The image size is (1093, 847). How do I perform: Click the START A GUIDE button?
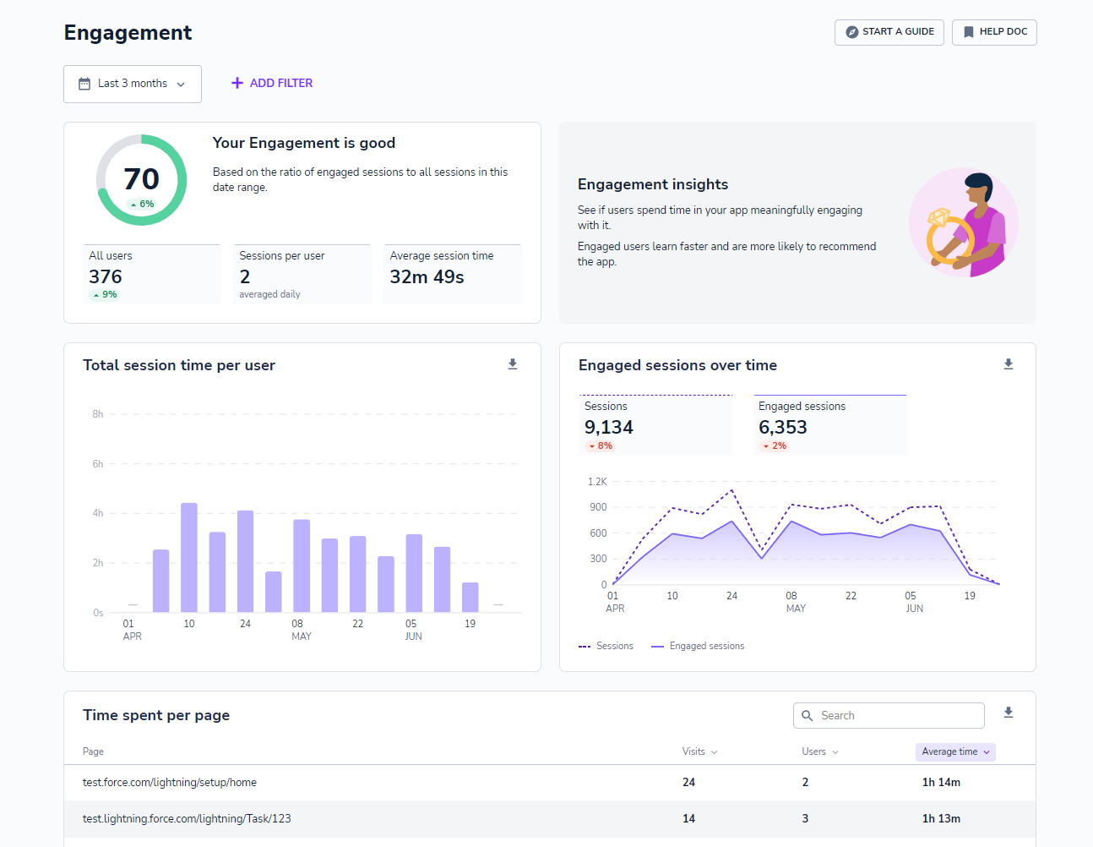click(889, 32)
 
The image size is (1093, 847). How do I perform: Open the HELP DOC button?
click(994, 32)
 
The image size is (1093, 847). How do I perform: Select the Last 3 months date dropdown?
click(133, 84)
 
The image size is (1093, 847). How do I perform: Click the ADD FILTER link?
click(272, 83)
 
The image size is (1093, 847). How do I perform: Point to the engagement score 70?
click(141, 179)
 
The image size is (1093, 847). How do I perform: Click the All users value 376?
click(106, 276)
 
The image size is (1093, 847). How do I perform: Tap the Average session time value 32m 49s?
click(427, 276)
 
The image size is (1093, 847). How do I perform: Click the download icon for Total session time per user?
click(513, 364)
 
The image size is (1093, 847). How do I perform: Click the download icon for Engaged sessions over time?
click(1008, 364)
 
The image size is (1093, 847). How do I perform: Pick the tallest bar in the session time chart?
click(189, 558)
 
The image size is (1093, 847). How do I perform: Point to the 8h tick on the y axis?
click(98, 414)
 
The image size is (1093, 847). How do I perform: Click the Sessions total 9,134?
click(609, 428)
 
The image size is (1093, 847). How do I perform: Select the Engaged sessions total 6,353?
click(783, 428)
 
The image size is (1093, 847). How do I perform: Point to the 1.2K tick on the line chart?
click(597, 482)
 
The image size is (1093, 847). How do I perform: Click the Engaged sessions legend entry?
click(699, 646)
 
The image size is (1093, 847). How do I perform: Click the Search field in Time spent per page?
click(889, 715)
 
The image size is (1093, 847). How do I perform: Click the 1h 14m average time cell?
click(941, 783)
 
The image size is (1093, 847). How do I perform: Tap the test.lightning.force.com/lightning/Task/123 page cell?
click(187, 819)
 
